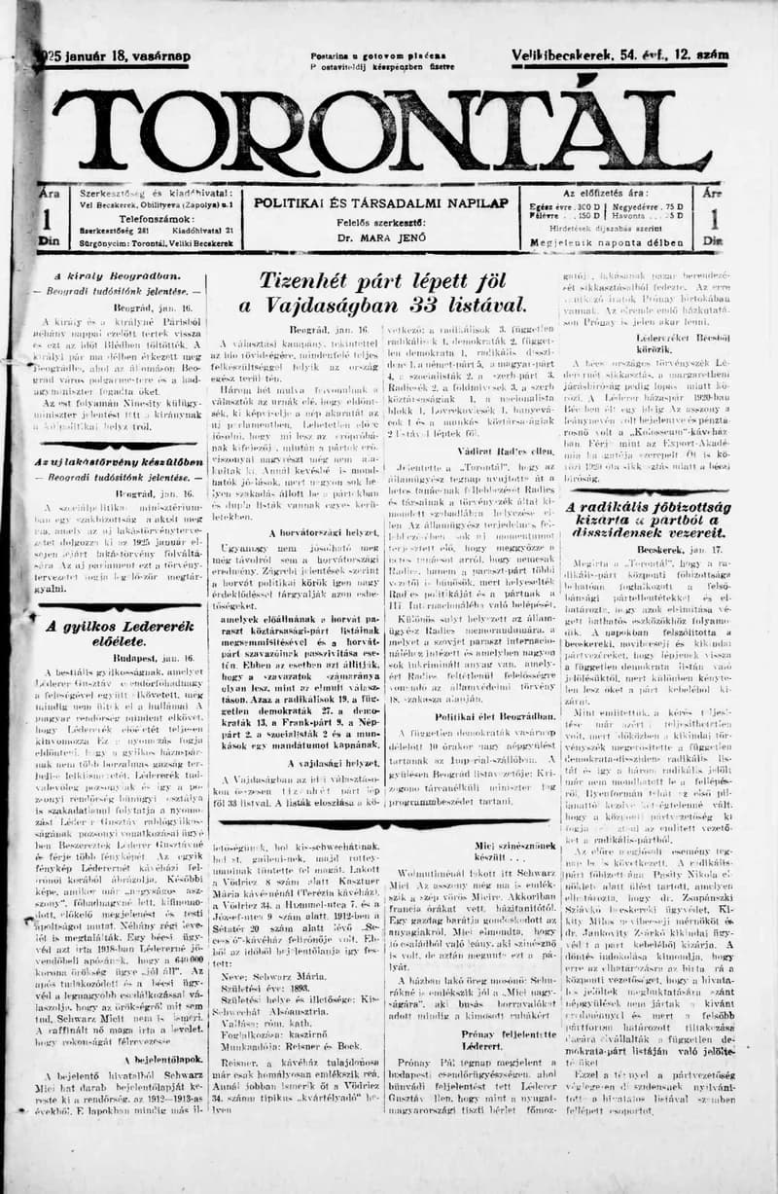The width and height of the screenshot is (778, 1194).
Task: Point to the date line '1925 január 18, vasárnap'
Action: (x=115, y=56)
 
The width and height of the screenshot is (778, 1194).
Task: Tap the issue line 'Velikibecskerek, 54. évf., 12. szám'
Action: (x=619, y=56)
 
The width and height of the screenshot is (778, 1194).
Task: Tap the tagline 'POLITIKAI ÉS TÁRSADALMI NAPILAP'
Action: (x=381, y=202)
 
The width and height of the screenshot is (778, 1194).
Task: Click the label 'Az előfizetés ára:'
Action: (x=619, y=193)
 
